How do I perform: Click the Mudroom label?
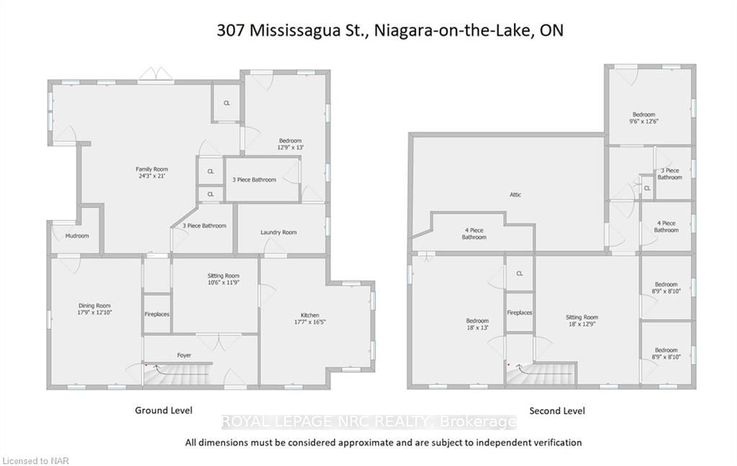[x=77, y=236]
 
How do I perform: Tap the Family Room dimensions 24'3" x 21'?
[x=151, y=176]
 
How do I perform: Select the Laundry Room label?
[x=279, y=232]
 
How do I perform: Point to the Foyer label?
[x=184, y=355]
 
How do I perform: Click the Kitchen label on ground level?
[x=309, y=315]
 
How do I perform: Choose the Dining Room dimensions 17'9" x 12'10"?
[x=94, y=312]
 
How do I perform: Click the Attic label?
[x=515, y=194]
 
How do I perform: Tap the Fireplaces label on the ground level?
[x=157, y=314]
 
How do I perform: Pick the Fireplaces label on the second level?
[x=520, y=312]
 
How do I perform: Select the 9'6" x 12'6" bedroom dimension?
[x=644, y=122]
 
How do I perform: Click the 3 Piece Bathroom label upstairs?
[x=670, y=174]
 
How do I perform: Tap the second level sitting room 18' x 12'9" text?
[x=582, y=324]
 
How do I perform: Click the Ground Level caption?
[x=163, y=410]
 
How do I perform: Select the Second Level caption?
[x=557, y=411]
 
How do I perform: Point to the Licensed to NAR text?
[x=36, y=461]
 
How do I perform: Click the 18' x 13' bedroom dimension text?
[x=477, y=327]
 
